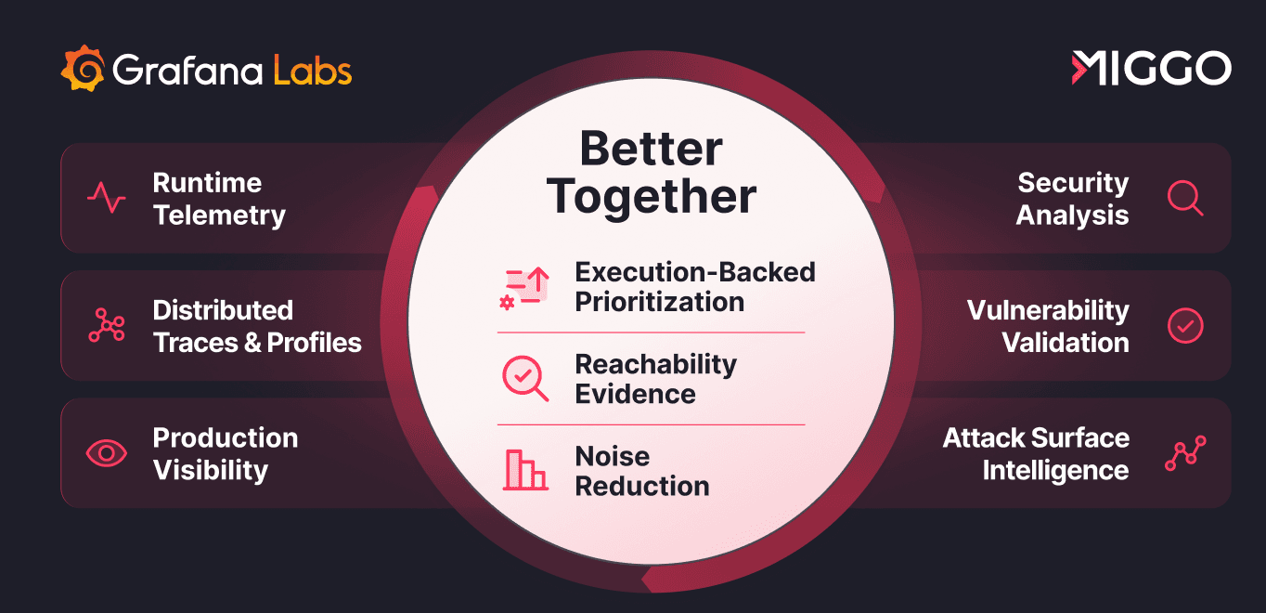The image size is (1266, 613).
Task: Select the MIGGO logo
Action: coord(1151,69)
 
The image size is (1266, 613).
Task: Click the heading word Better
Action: coord(651,149)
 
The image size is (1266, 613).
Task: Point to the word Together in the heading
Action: coord(651,196)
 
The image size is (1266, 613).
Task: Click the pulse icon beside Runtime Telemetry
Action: coord(107,198)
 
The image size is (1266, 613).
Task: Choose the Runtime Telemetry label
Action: coord(219,199)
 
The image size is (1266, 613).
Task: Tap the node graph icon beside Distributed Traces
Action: coord(107,325)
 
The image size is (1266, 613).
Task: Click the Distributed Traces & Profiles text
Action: coord(257,326)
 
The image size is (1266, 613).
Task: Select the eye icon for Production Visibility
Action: coord(107,453)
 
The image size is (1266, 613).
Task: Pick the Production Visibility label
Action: coord(225,453)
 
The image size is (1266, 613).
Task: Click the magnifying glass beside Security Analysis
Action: coord(1184,198)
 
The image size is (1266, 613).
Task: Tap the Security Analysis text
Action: coord(1072,199)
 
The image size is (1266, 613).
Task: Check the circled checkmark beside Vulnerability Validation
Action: coord(1184,325)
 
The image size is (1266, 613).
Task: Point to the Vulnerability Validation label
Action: coord(1048,326)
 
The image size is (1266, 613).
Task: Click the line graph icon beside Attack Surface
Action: coord(1184,453)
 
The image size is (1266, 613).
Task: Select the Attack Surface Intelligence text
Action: coord(1036,453)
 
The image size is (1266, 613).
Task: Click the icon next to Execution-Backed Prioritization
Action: coord(524,288)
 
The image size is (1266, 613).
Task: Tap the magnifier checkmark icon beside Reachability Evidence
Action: coord(524,378)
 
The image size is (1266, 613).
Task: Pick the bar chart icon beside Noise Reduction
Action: coord(524,470)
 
